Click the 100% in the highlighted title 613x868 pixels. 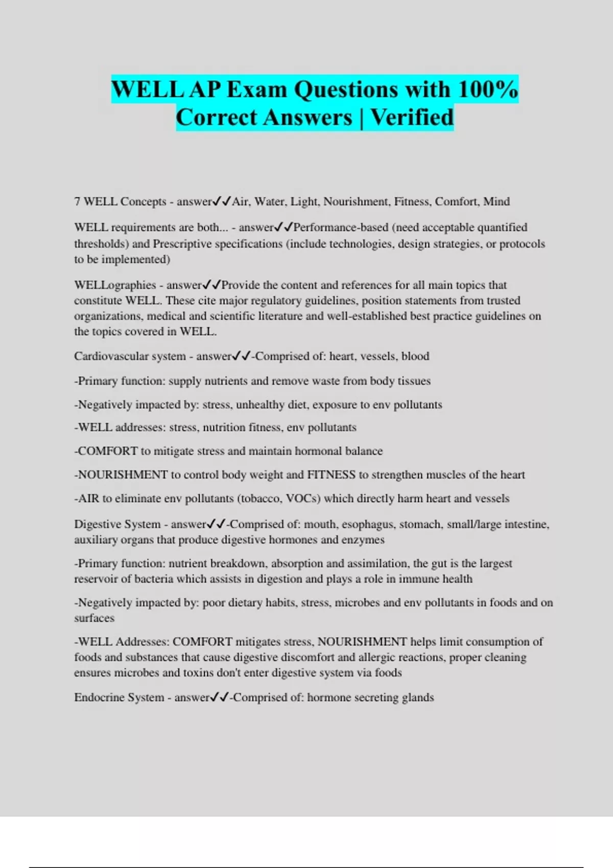(x=488, y=90)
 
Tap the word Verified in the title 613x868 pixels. (x=412, y=117)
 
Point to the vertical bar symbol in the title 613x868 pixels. (x=361, y=117)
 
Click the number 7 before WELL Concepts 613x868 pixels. (x=77, y=202)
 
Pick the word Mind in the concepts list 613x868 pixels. (x=497, y=202)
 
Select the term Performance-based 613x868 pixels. (x=341, y=227)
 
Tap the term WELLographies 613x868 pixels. (x=115, y=285)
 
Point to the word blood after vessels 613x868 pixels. (x=415, y=356)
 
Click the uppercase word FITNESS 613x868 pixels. (x=331, y=475)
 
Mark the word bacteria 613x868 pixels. (x=155, y=579)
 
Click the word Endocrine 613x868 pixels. (x=98, y=697)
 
